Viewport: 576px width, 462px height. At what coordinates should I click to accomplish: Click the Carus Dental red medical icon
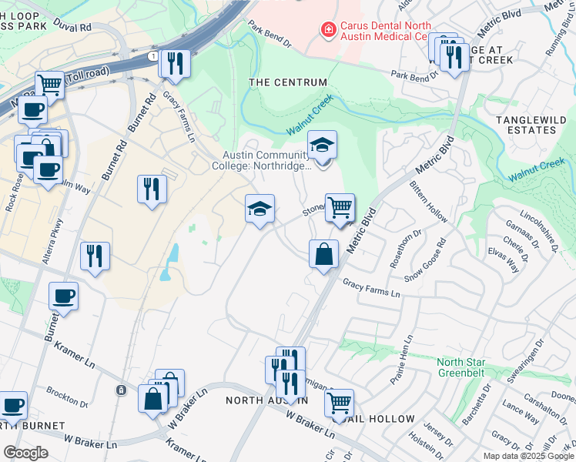pos(328,30)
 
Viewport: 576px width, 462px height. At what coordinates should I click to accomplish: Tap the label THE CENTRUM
pos(288,82)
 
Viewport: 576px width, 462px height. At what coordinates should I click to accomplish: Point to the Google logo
pos(25,453)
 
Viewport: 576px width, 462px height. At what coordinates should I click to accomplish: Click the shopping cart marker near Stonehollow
pos(340,207)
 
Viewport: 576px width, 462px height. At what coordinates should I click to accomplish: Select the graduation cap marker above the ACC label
pos(323,144)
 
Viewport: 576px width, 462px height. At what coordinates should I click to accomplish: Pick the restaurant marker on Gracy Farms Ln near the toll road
pos(175,64)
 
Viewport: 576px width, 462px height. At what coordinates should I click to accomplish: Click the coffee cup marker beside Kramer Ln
pos(63,296)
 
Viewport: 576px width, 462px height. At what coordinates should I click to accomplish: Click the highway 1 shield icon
pos(153,56)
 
